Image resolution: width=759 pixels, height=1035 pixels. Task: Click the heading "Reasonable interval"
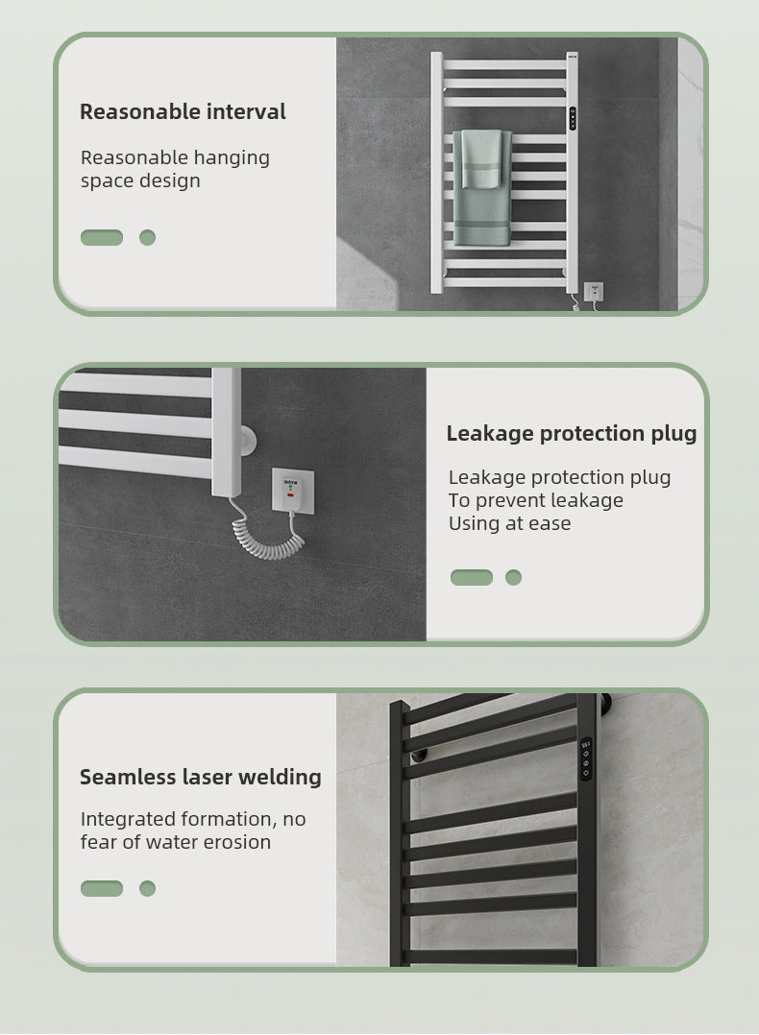183,111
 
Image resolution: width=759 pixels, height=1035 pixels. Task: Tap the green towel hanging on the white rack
482,187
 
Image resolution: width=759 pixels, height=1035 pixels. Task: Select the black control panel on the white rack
573,118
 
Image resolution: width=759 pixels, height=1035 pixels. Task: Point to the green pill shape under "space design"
102,237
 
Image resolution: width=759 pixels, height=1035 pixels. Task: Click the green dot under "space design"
147,237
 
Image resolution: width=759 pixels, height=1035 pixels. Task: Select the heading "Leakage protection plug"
572,433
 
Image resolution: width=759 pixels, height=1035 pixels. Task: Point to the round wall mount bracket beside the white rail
248,441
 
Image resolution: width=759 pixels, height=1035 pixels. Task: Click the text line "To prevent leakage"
536,500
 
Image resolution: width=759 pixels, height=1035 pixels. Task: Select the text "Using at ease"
509,523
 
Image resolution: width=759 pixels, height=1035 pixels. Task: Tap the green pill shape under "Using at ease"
472,577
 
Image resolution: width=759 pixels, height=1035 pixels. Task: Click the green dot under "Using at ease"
513,577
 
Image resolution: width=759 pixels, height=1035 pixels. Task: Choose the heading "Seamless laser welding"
201,777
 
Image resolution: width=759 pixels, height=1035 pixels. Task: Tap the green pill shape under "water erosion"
102,888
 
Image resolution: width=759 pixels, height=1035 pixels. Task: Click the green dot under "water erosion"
147,888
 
